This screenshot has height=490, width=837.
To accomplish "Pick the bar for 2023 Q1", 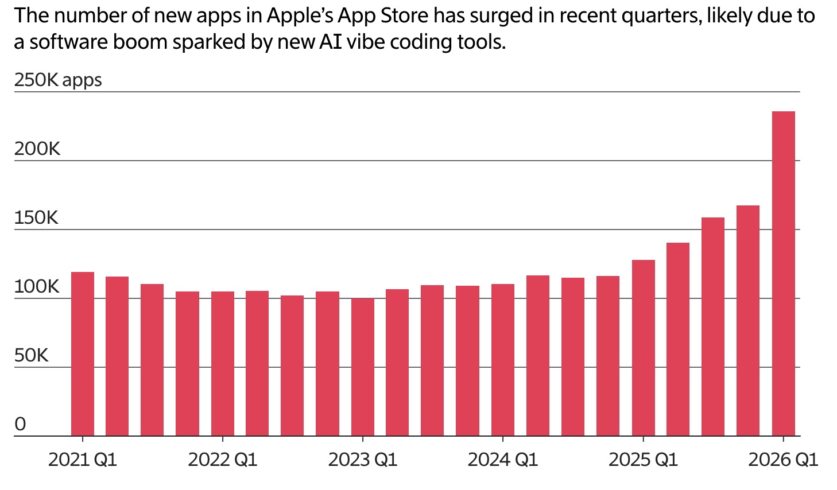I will click(x=362, y=367).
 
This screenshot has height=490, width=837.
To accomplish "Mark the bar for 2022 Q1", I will click(x=222, y=364).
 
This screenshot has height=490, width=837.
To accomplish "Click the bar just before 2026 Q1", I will click(x=747, y=321).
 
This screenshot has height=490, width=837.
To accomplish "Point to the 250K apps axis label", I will click(x=58, y=80).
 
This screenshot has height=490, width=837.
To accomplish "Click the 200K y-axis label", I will click(x=37, y=149).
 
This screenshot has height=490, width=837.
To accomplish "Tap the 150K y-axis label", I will click(x=36, y=218).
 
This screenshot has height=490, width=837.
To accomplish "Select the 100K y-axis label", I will click(x=37, y=287).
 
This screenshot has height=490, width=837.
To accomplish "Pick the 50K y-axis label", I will click(x=32, y=356).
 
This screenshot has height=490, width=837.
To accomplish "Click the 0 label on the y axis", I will click(x=20, y=425).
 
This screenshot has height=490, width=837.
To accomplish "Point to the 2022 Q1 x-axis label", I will click(x=223, y=460).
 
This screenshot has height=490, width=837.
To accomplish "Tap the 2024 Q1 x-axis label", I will click(x=503, y=460).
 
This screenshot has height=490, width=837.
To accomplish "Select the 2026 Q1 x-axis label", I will click(x=783, y=460).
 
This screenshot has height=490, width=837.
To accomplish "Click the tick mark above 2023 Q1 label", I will click(x=362, y=440).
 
